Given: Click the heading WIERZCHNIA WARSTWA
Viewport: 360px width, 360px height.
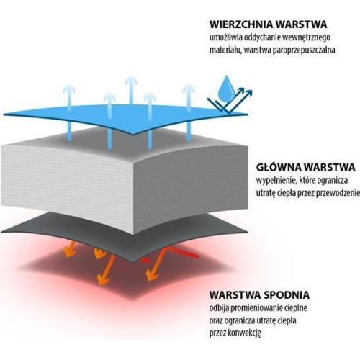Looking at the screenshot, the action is point(268,24).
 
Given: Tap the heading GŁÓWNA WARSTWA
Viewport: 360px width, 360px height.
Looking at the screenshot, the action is point(305,167).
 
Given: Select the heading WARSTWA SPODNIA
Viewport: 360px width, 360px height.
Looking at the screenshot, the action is point(259,294).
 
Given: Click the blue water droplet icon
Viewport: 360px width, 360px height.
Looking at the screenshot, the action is point(225,87).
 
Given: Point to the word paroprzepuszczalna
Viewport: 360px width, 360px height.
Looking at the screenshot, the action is point(304,50).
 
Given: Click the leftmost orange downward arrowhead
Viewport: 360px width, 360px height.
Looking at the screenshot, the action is point(69,253).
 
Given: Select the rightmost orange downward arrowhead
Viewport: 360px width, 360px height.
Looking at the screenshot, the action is point(151,275).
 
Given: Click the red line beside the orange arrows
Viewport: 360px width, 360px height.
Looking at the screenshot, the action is point(182,253).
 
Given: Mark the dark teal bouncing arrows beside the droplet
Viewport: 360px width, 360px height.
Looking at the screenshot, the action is point(230,100).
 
